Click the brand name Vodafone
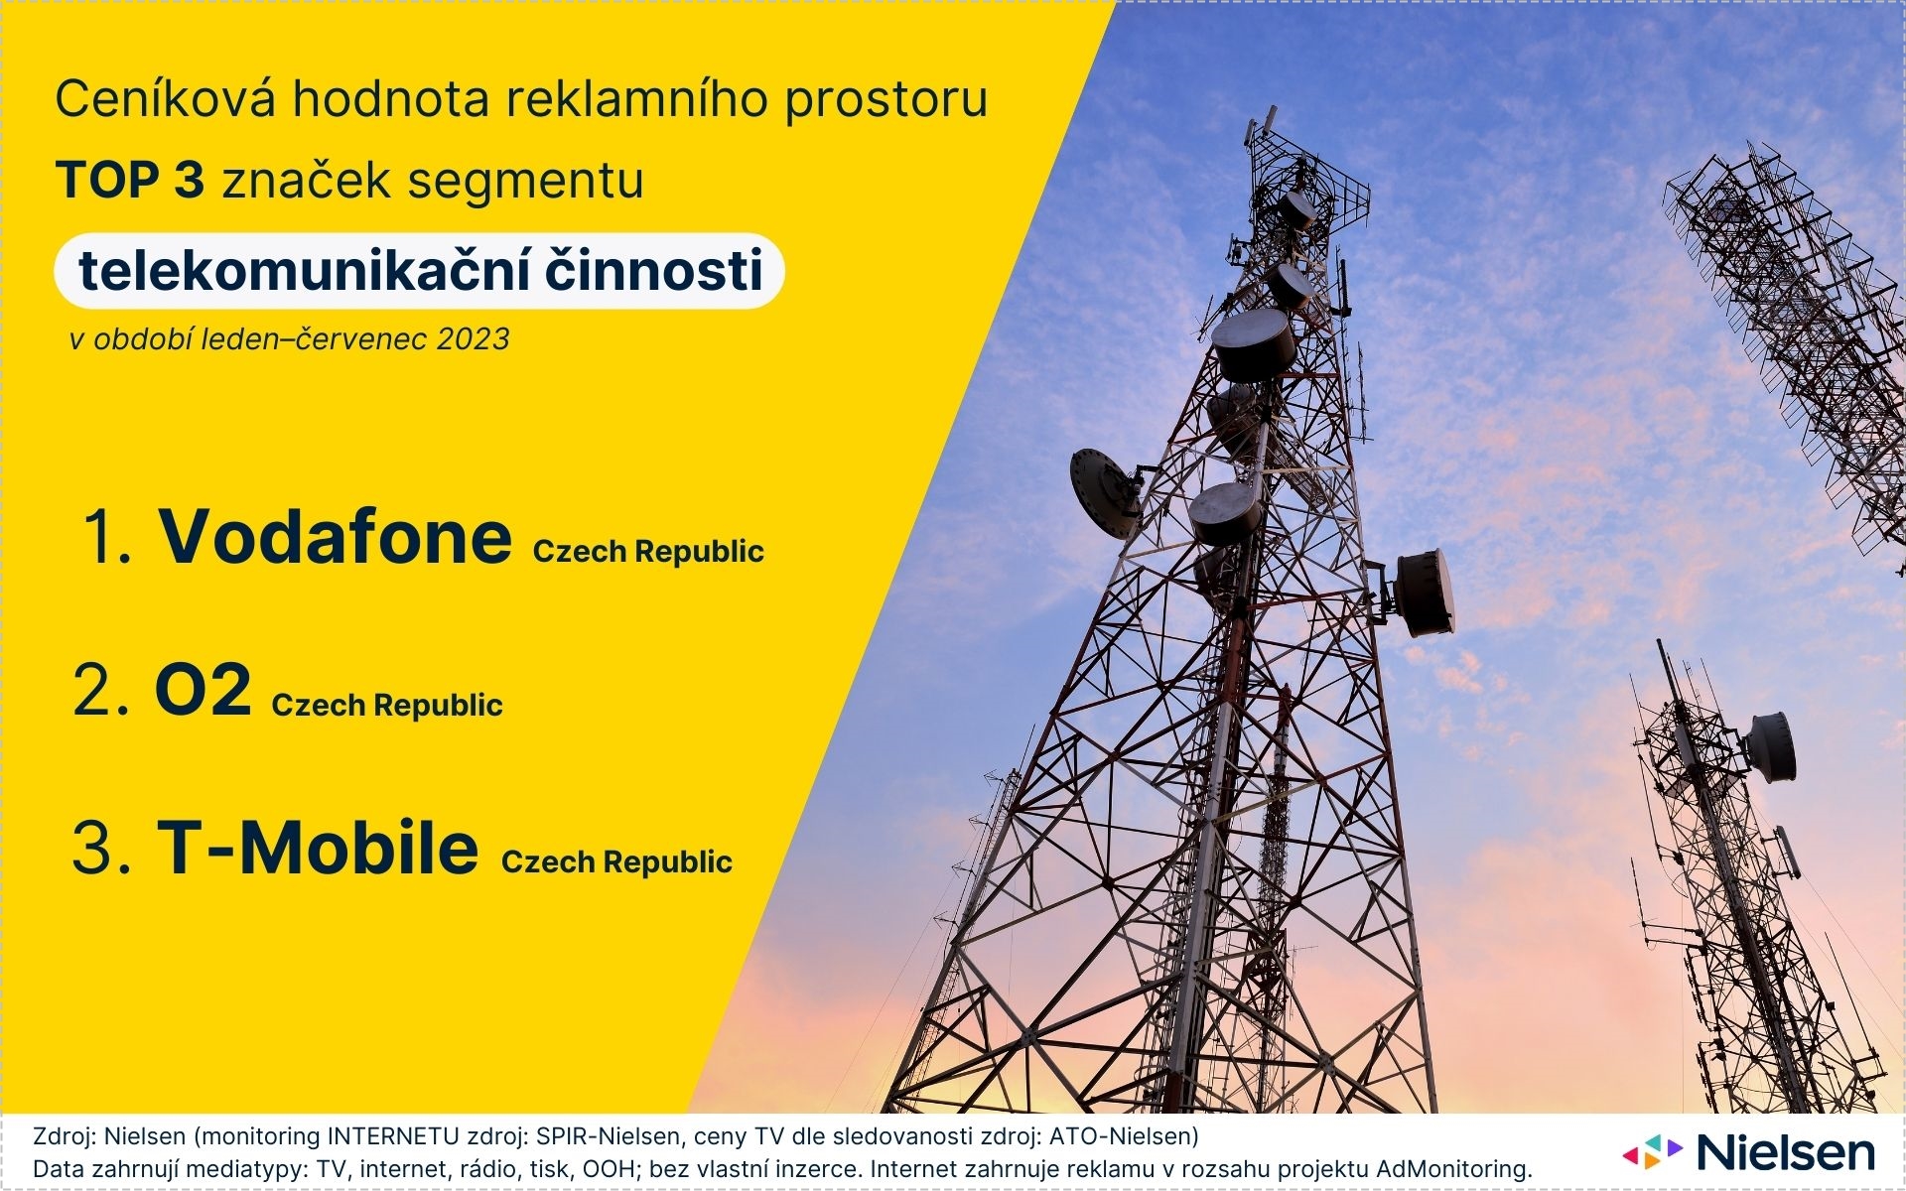tap(336, 537)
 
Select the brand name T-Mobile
tap(318, 848)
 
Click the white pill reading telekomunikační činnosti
tap(419, 271)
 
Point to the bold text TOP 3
tap(130, 181)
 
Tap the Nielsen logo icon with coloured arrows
tap(1653, 1152)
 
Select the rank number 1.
tap(109, 539)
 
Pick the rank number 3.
tap(101, 849)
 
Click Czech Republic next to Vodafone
tap(648, 552)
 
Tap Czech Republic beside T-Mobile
tap(616, 862)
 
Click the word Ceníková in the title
tap(165, 99)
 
